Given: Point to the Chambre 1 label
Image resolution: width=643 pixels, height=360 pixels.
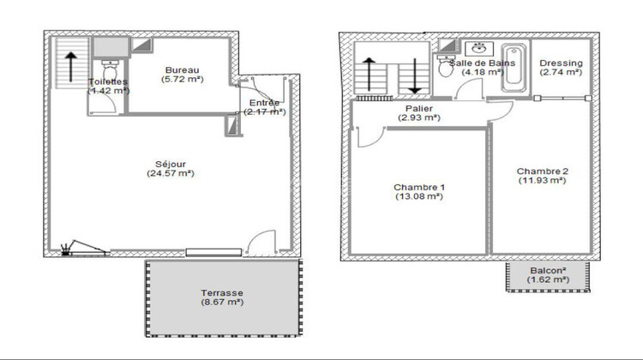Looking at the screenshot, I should [x=419, y=187].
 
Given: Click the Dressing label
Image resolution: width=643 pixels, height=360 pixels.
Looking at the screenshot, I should [x=562, y=63].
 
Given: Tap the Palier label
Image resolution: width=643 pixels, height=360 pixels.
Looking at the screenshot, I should [x=419, y=107].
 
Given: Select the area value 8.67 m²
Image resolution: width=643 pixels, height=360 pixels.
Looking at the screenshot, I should [x=222, y=302].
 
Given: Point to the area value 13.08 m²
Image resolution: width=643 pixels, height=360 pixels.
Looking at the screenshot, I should [x=419, y=197].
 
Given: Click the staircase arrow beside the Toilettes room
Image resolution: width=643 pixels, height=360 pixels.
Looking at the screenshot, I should [x=69, y=64].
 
